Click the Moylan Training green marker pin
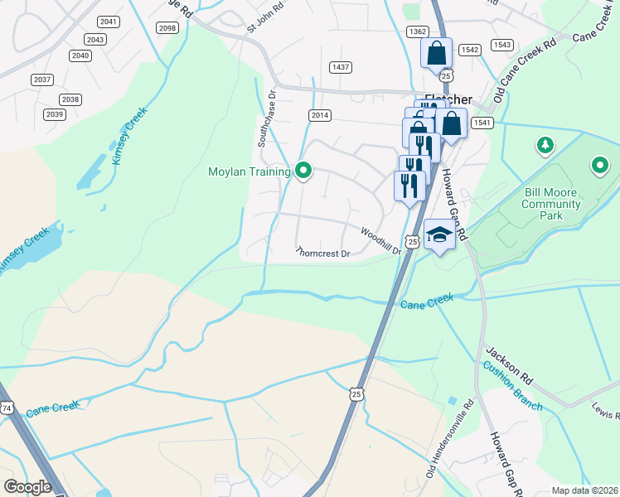(303, 171)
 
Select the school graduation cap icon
(439, 235)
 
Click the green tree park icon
(545, 147)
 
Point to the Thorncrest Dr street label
(323, 253)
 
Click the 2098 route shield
(167, 28)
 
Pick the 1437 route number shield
(340, 66)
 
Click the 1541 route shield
(482, 123)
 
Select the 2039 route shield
(55, 114)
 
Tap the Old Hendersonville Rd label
(448, 439)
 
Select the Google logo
(27, 487)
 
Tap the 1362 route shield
(417, 31)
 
